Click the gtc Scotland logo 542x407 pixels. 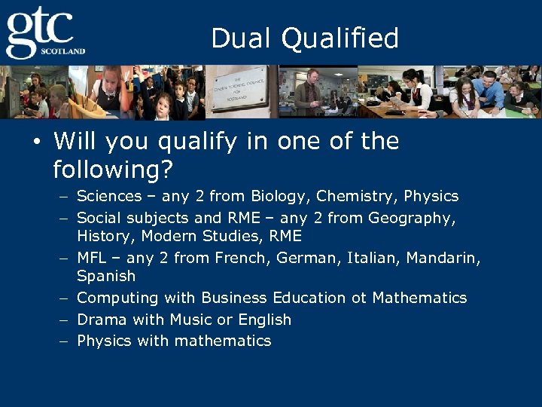pos(44,33)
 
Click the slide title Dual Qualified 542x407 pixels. pos(305,38)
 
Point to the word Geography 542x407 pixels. pos(411,219)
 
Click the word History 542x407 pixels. pos(102,237)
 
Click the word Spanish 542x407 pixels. pos(106,277)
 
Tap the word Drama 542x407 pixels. pos(101,320)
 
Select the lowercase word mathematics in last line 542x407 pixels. pos(224,341)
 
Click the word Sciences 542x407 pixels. pos(109,197)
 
